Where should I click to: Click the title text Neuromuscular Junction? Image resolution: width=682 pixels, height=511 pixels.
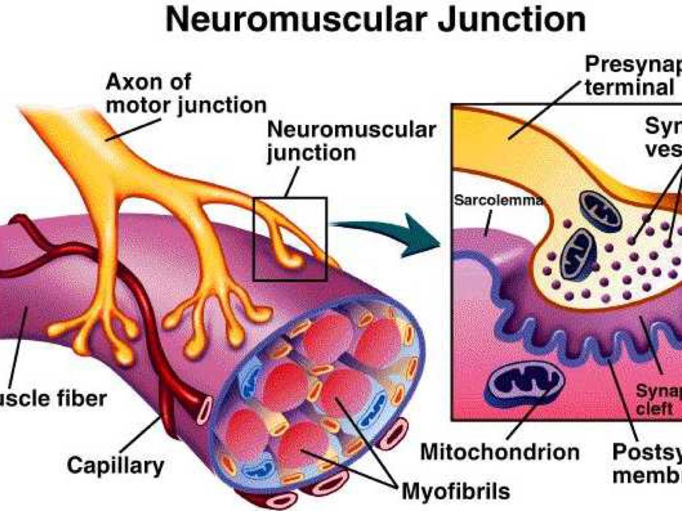[x=376, y=20]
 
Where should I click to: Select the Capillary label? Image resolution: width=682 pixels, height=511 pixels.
[x=115, y=464]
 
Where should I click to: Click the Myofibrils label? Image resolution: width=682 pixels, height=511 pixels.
[x=456, y=492]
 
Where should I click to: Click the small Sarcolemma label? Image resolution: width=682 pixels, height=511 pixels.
[x=499, y=200]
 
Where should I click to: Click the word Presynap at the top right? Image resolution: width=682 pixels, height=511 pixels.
[x=633, y=65]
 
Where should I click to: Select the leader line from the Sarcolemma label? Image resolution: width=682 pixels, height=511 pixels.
[x=490, y=219]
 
